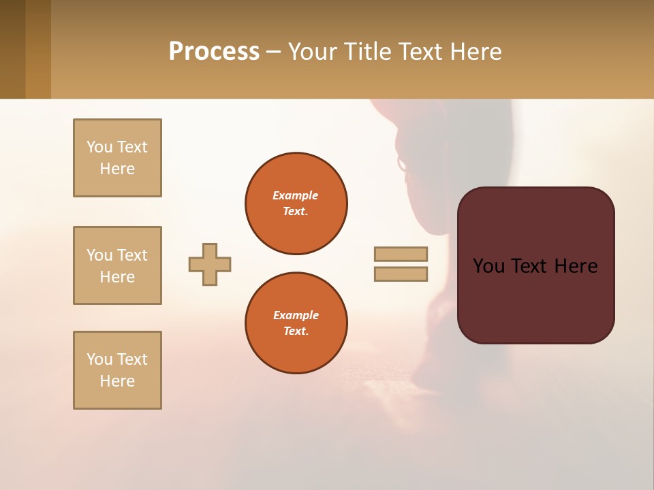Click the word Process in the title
coord(214,52)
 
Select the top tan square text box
coord(117,158)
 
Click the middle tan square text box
coord(117,265)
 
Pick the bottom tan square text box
coord(117,370)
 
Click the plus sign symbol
coord(210,264)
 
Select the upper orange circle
coord(296,203)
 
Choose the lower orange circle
coord(296,323)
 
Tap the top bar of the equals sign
coord(401,254)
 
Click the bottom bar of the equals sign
coord(401,274)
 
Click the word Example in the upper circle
coord(295,195)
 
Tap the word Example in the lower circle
coord(296,315)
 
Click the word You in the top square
coord(99,147)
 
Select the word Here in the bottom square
coord(117,381)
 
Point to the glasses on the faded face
coord(401,164)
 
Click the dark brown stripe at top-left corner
coord(12,49)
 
